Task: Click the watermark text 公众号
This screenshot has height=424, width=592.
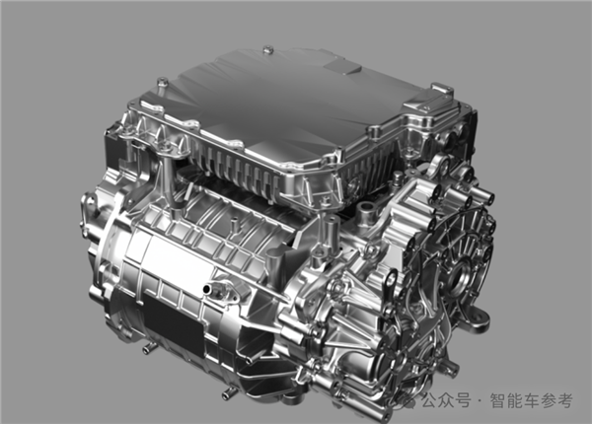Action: pos(446,400)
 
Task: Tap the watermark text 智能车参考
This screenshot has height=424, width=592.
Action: pos(532,400)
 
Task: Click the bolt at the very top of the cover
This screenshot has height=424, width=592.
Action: pos(267,49)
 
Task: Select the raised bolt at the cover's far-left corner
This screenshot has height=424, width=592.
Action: pos(163,82)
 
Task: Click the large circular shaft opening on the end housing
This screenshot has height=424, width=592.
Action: pos(461,281)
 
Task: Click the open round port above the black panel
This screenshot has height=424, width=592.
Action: pos(207,290)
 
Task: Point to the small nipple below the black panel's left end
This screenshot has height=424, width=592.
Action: pos(147,349)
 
